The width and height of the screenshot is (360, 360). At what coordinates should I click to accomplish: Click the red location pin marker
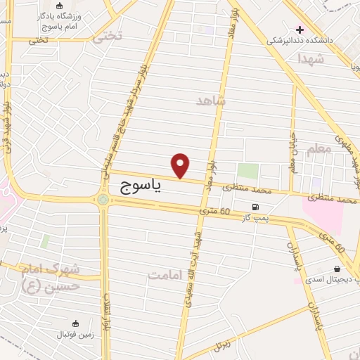tap(181, 165)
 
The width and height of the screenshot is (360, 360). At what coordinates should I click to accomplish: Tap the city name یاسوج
tap(136, 185)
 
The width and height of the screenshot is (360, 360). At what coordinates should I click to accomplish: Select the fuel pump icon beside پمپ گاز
tap(255, 207)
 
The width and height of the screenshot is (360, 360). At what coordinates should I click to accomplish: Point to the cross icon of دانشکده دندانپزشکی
tap(300, 30)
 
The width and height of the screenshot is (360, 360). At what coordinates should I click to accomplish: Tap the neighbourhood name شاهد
tap(212, 101)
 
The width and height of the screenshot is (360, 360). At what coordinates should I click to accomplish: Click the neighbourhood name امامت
tap(165, 274)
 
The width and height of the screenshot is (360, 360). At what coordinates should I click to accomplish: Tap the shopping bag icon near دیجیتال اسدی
tap(337, 269)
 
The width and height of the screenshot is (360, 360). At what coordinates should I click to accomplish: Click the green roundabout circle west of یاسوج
tap(104, 200)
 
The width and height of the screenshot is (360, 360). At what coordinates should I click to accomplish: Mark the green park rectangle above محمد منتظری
tap(247, 171)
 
